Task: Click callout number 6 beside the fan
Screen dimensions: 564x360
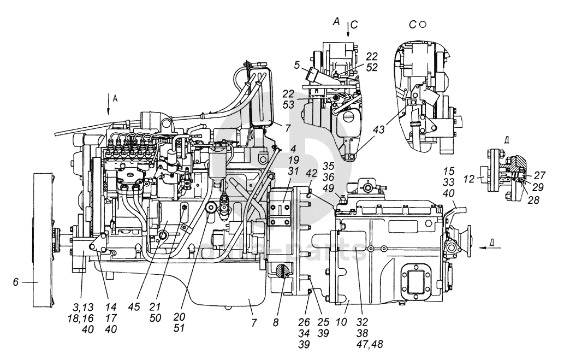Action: click(15, 282)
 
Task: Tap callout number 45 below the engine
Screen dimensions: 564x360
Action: click(135, 307)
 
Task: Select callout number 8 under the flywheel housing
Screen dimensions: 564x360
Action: click(276, 322)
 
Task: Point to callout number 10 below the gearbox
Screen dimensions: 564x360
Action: click(341, 321)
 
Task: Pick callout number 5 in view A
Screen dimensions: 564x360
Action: click(297, 66)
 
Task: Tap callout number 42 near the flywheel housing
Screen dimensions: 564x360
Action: click(311, 173)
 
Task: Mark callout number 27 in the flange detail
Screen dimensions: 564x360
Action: click(539, 175)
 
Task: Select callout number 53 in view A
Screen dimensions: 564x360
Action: click(288, 105)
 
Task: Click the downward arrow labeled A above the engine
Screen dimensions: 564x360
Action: click(108, 105)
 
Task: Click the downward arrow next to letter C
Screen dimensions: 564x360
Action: click(348, 29)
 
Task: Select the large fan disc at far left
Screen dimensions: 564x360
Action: click(43, 240)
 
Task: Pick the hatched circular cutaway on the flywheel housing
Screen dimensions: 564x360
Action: click(282, 271)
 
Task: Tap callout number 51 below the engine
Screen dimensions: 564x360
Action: click(179, 329)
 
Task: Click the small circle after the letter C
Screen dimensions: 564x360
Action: click(423, 25)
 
